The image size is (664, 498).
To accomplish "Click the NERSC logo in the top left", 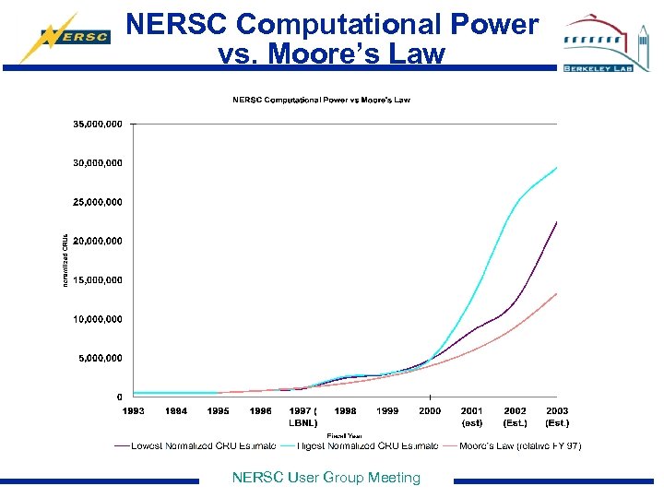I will [65, 37].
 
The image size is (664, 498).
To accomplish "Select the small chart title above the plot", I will [321, 100].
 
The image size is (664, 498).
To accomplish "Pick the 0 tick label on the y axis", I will [119, 397].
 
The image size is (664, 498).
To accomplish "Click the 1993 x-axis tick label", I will [134, 411].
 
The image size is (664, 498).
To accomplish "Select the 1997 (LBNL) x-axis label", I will [302, 417].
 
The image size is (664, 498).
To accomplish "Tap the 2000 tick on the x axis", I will [430, 411].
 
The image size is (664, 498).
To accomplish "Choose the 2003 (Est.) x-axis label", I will [557, 417].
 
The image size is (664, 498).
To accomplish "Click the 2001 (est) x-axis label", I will [472, 417].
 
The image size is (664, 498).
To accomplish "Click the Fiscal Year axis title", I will [343, 435].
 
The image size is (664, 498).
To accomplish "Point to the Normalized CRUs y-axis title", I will [65, 259].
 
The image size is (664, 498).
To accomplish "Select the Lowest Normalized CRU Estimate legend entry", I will [196, 446].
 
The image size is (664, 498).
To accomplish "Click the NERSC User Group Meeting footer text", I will [326, 478].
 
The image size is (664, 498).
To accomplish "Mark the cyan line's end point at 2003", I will [557, 167].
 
